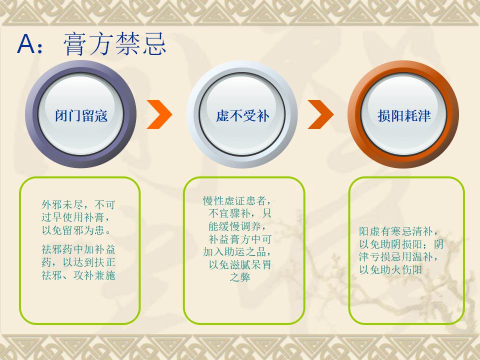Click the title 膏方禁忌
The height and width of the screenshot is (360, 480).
[x=115, y=44]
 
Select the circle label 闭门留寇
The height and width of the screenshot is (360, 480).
[x=81, y=115]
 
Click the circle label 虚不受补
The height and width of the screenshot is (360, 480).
[x=242, y=115]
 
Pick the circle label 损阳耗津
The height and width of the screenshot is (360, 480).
[x=404, y=115]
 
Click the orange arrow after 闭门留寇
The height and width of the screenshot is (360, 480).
[x=160, y=114]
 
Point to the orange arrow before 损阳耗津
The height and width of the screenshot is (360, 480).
[x=321, y=114]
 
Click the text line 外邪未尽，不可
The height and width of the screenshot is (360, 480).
[x=78, y=204]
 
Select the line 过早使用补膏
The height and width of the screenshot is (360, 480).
[x=75, y=217]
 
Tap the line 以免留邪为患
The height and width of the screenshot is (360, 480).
[x=76, y=230]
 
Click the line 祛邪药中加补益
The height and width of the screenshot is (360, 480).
[x=78, y=249]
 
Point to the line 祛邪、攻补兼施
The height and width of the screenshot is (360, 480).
[x=78, y=275]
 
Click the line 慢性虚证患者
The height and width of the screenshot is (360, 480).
[x=237, y=201]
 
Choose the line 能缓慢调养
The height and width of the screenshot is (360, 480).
[x=237, y=226]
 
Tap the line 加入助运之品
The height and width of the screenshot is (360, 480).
[x=237, y=252]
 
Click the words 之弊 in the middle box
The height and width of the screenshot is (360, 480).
[x=240, y=277]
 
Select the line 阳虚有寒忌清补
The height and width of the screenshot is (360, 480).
[x=399, y=231]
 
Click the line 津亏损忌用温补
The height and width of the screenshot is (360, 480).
[x=399, y=257]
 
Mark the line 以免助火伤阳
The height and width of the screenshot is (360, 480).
[x=391, y=269]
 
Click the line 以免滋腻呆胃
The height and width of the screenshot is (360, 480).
[x=240, y=265]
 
